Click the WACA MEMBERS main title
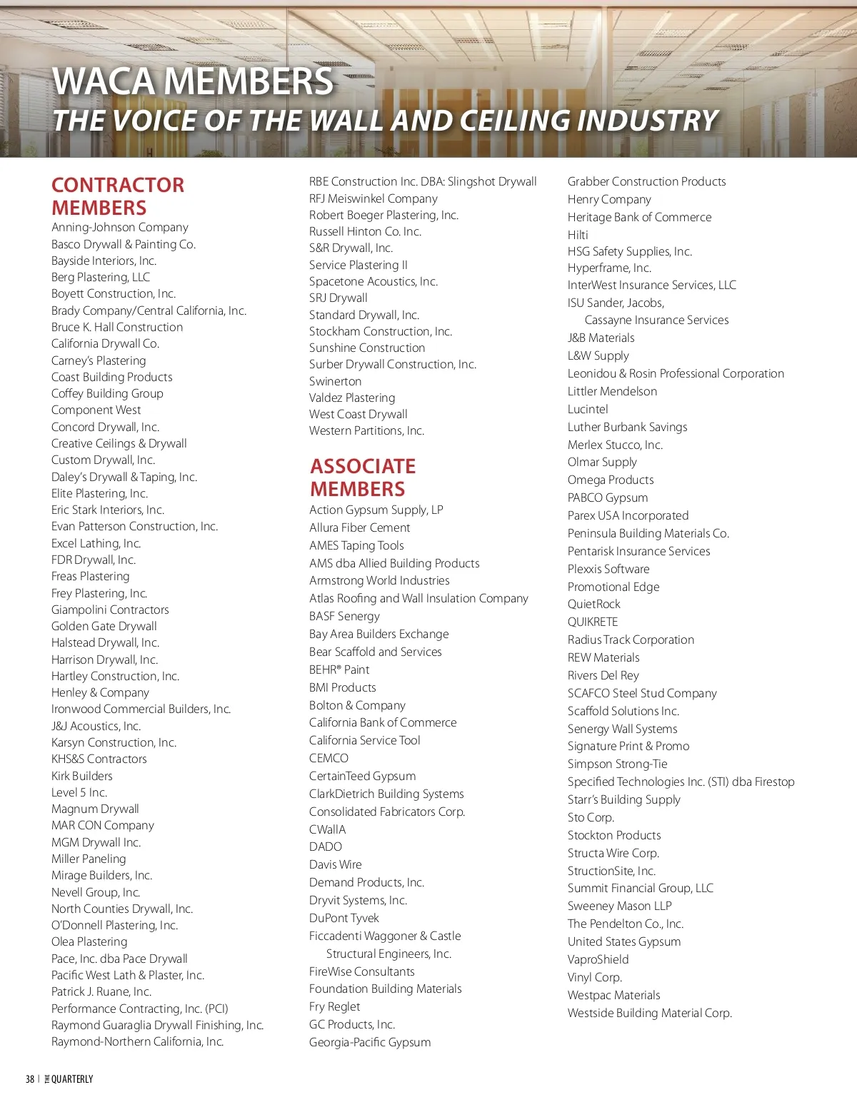tap(193, 81)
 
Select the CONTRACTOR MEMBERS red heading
tap(117, 196)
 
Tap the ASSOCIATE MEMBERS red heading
tap(362, 477)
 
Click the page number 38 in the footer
tap(30, 1079)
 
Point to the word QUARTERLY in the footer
tap(72, 1079)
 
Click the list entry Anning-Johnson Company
tap(120, 227)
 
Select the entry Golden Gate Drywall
tap(104, 626)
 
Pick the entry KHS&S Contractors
tap(99, 759)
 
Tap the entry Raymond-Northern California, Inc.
tap(138, 1041)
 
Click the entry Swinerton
tap(335, 381)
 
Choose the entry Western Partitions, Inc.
tap(366, 430)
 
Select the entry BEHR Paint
tap(339, 669)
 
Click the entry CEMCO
tap(329, 758)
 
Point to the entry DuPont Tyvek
tap(344, 918)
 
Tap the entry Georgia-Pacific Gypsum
tap(370, 1042)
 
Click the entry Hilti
tap(578, 235)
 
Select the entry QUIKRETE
tap(593, 622)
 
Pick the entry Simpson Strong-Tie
tap(617, 764)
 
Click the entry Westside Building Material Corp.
tap(649, 1013)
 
